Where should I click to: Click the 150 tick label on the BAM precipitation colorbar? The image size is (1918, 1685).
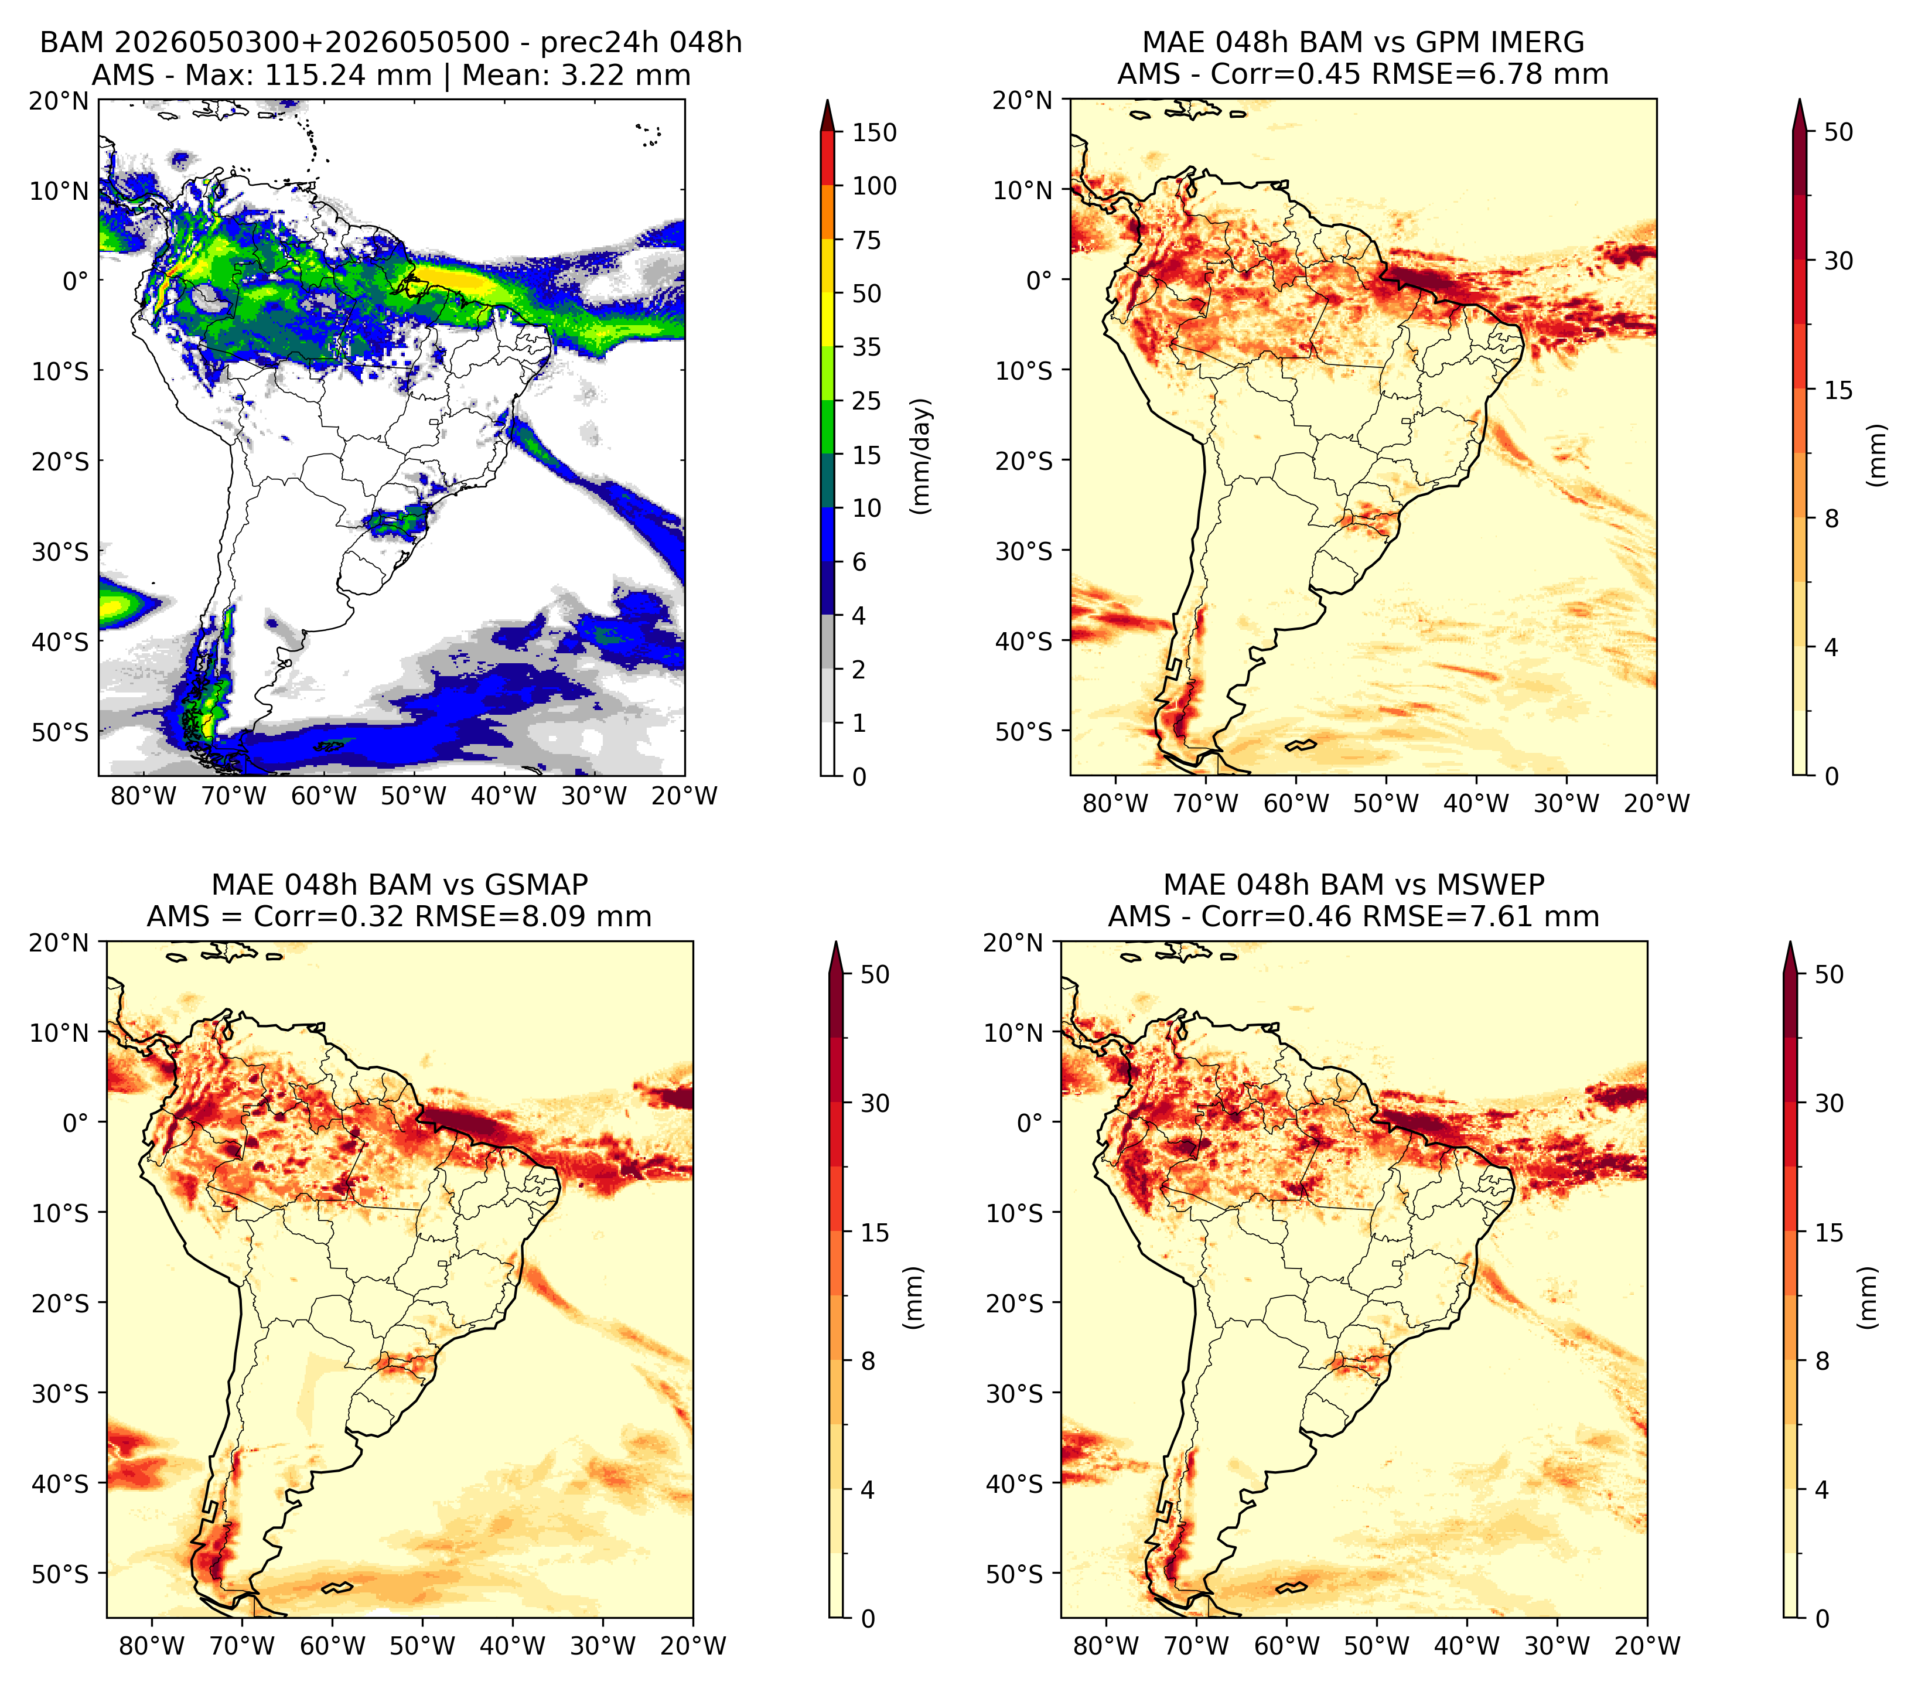coord(875,132)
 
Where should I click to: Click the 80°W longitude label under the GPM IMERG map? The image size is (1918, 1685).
coord(1115,803)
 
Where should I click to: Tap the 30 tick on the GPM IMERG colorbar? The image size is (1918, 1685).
coord(1838,261)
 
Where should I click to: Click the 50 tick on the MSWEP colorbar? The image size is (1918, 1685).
coord(1829,975)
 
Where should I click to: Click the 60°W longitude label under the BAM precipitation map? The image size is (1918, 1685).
coord(324,797)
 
